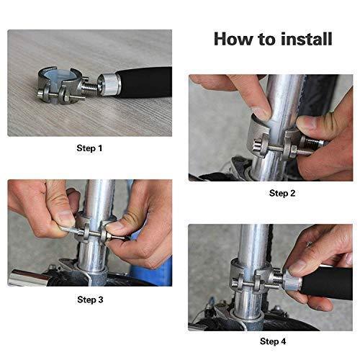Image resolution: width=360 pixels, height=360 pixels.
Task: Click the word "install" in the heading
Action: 307,39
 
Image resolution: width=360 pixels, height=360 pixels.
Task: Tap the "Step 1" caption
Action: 89,148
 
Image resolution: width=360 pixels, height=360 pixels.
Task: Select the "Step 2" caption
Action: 282,193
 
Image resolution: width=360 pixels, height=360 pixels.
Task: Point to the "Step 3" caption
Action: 90,300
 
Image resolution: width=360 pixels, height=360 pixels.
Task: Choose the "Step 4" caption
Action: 273,341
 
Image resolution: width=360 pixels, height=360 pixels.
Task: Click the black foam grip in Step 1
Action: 144,82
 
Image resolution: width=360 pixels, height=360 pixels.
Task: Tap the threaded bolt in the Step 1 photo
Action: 90,87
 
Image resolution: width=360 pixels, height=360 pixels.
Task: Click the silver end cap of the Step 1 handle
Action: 107,84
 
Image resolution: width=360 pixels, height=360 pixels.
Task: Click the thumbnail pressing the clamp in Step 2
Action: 261,114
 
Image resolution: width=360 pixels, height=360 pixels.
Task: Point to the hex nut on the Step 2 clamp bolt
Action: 291,152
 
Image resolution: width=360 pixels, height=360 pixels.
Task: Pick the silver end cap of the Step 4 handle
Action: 292,279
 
